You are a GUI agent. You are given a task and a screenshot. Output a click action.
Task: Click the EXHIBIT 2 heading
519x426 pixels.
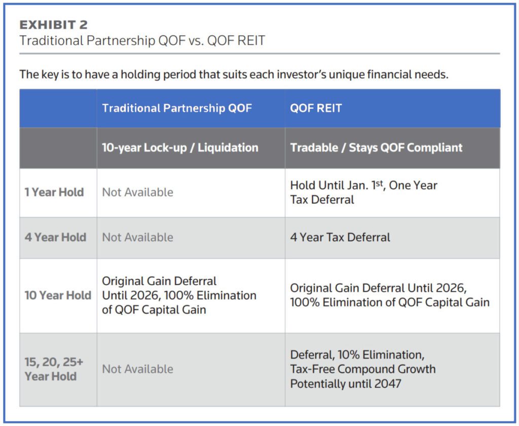coord(53,24)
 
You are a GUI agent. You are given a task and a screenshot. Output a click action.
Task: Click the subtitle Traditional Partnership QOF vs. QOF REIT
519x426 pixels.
coord(142,41)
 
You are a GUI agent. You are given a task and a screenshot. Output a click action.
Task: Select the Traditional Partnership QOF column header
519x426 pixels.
coord(177,108)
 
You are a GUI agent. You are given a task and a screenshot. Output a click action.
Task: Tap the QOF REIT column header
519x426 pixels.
coord(316,108)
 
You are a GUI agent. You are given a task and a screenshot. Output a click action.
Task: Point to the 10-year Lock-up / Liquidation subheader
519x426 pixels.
coord(180,147)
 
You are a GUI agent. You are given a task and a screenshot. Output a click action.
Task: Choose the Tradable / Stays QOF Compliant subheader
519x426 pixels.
coord(376,147)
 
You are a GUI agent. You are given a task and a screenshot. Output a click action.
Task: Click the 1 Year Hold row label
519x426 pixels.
coord(54,192)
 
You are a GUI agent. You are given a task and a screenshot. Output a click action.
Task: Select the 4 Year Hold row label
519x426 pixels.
coord(55,237)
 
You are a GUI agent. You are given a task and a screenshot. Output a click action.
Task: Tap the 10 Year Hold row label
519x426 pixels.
coord(58,295)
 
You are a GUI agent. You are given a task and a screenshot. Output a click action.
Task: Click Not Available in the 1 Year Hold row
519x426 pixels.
coord(137,192)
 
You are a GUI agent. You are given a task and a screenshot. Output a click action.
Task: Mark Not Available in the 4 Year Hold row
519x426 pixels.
coord(137,237)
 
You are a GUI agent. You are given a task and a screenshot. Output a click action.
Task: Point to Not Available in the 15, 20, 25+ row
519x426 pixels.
coord(137,369)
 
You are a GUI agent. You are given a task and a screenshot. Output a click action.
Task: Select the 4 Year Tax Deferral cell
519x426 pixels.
coord(340,237)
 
